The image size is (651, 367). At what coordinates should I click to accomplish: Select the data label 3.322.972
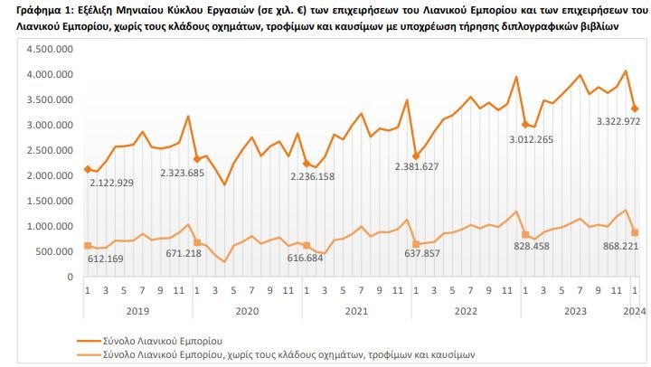click(609, 121)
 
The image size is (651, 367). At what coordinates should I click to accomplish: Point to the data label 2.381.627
click(429, 166)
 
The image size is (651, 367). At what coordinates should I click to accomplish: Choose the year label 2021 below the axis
click(354, 310)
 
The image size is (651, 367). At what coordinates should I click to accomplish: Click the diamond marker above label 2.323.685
click(197, 159)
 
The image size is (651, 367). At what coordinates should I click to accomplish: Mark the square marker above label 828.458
click(525, 234)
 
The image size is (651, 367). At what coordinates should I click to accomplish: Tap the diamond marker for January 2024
click(635, 108)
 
